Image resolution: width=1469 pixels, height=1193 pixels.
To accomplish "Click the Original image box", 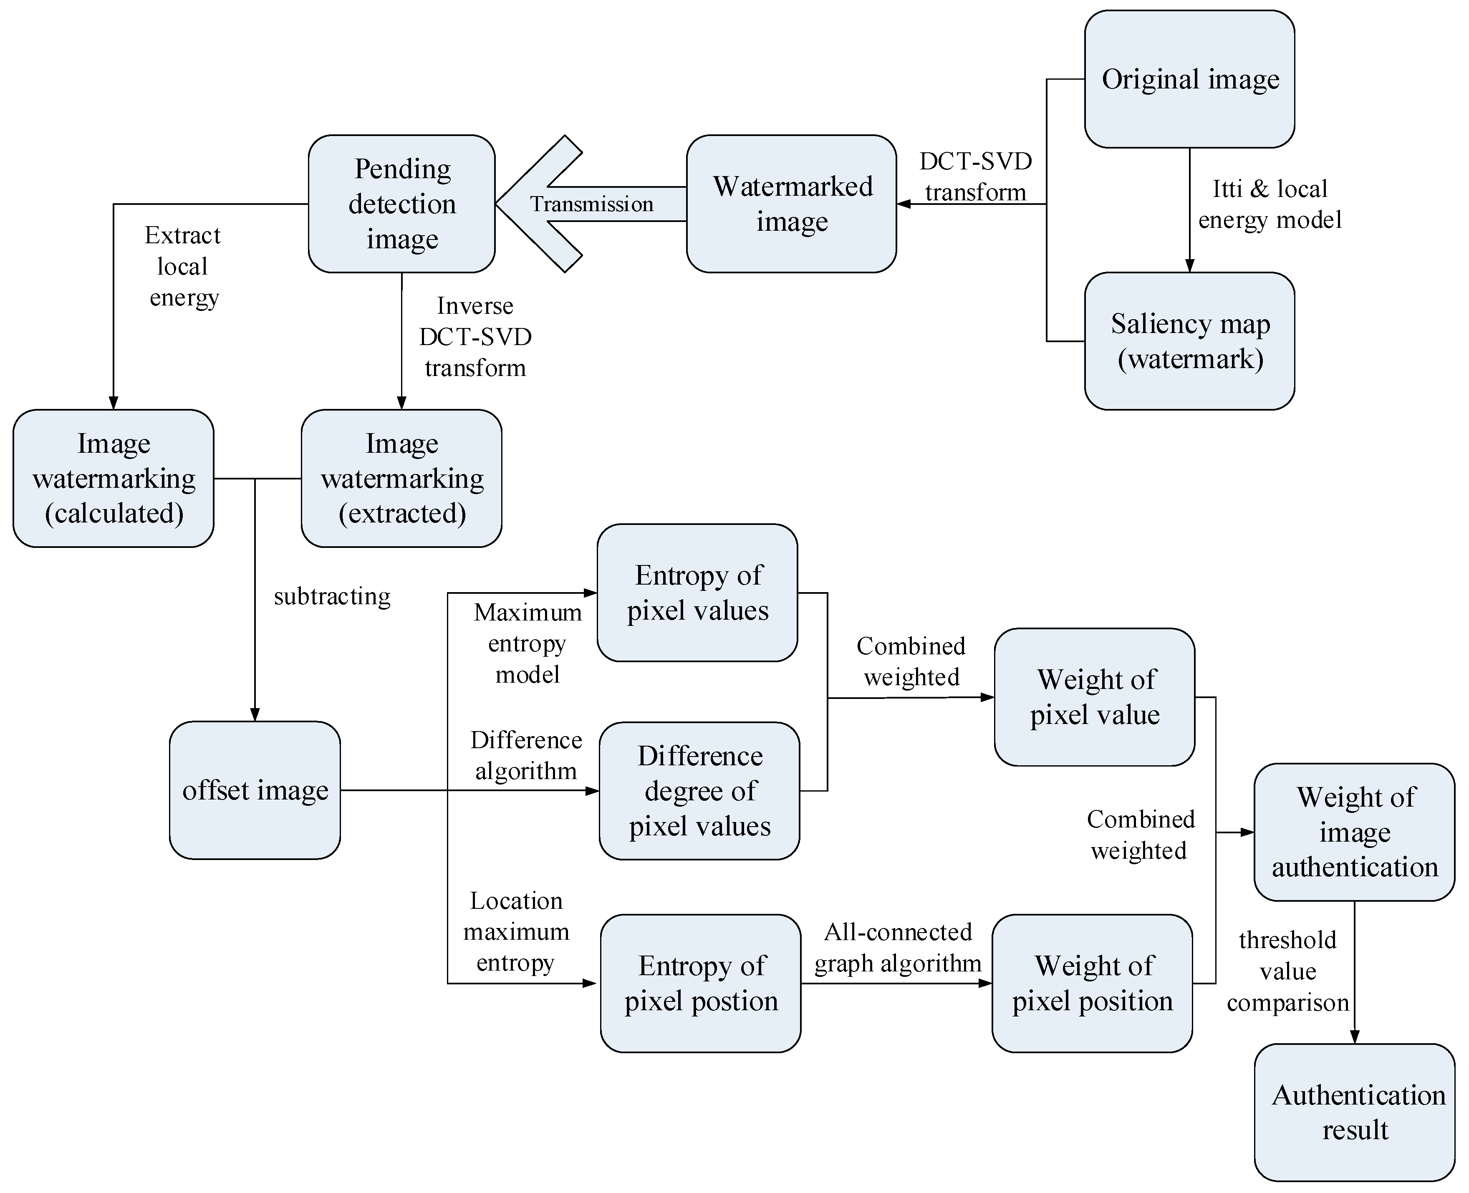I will coord(1189,79).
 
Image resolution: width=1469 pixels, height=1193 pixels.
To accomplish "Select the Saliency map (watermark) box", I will coord(1189,341).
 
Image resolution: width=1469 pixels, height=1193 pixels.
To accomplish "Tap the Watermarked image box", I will coord(791,203).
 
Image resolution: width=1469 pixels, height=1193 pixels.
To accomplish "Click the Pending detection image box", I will coord(401,203).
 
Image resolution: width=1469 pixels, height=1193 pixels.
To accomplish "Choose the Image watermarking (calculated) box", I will coord(114,478).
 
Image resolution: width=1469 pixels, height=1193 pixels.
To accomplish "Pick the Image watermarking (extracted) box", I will coord(401,478).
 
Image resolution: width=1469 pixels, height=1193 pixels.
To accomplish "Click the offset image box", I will coord(255,790).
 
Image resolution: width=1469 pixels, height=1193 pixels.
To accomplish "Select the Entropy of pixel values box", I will coord(697,593).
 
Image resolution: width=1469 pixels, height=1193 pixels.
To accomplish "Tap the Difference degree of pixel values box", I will coord(699,790).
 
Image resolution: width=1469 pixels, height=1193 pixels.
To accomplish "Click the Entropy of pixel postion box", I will coord(700,983).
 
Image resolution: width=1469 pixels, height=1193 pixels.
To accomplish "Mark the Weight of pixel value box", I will coord(1094,697).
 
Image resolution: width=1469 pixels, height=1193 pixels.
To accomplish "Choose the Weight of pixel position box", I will coord(1092,983).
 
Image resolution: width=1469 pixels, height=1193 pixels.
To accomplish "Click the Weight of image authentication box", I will coord(1354,832).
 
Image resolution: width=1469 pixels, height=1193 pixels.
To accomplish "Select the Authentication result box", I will coord(1354,1112).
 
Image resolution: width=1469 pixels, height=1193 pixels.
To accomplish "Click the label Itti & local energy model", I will coord(1270,204).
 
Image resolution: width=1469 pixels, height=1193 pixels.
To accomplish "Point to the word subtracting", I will coord(332,596).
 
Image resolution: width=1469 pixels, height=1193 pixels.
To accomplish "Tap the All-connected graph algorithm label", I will coord(898,948).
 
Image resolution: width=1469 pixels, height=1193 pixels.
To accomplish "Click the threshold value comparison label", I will coord(1287,971).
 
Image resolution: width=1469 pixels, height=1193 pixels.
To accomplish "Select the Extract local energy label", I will coord(183,267).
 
